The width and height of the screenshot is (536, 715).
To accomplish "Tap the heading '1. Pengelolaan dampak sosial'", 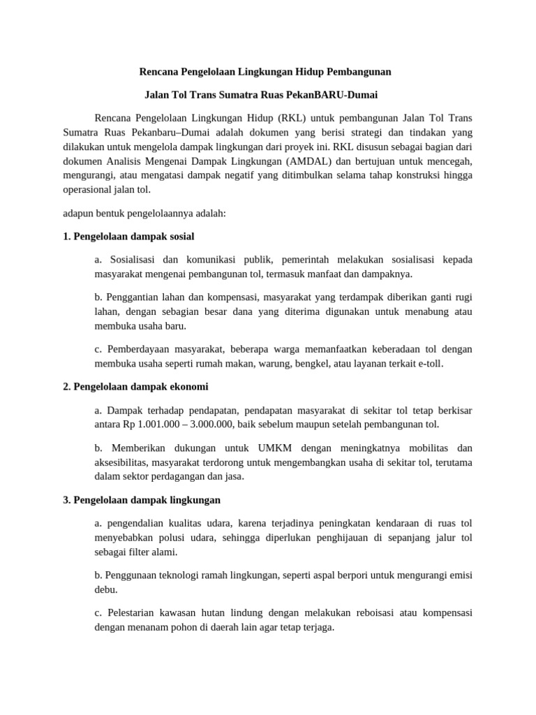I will coord(128,236).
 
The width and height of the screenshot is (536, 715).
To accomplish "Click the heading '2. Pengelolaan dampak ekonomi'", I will coord(135,386).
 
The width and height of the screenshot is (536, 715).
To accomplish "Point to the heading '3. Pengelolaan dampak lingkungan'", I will coord(142,500).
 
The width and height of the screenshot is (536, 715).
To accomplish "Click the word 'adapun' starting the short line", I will coord(78,213).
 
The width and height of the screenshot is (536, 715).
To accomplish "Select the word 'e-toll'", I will coord(429,363).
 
